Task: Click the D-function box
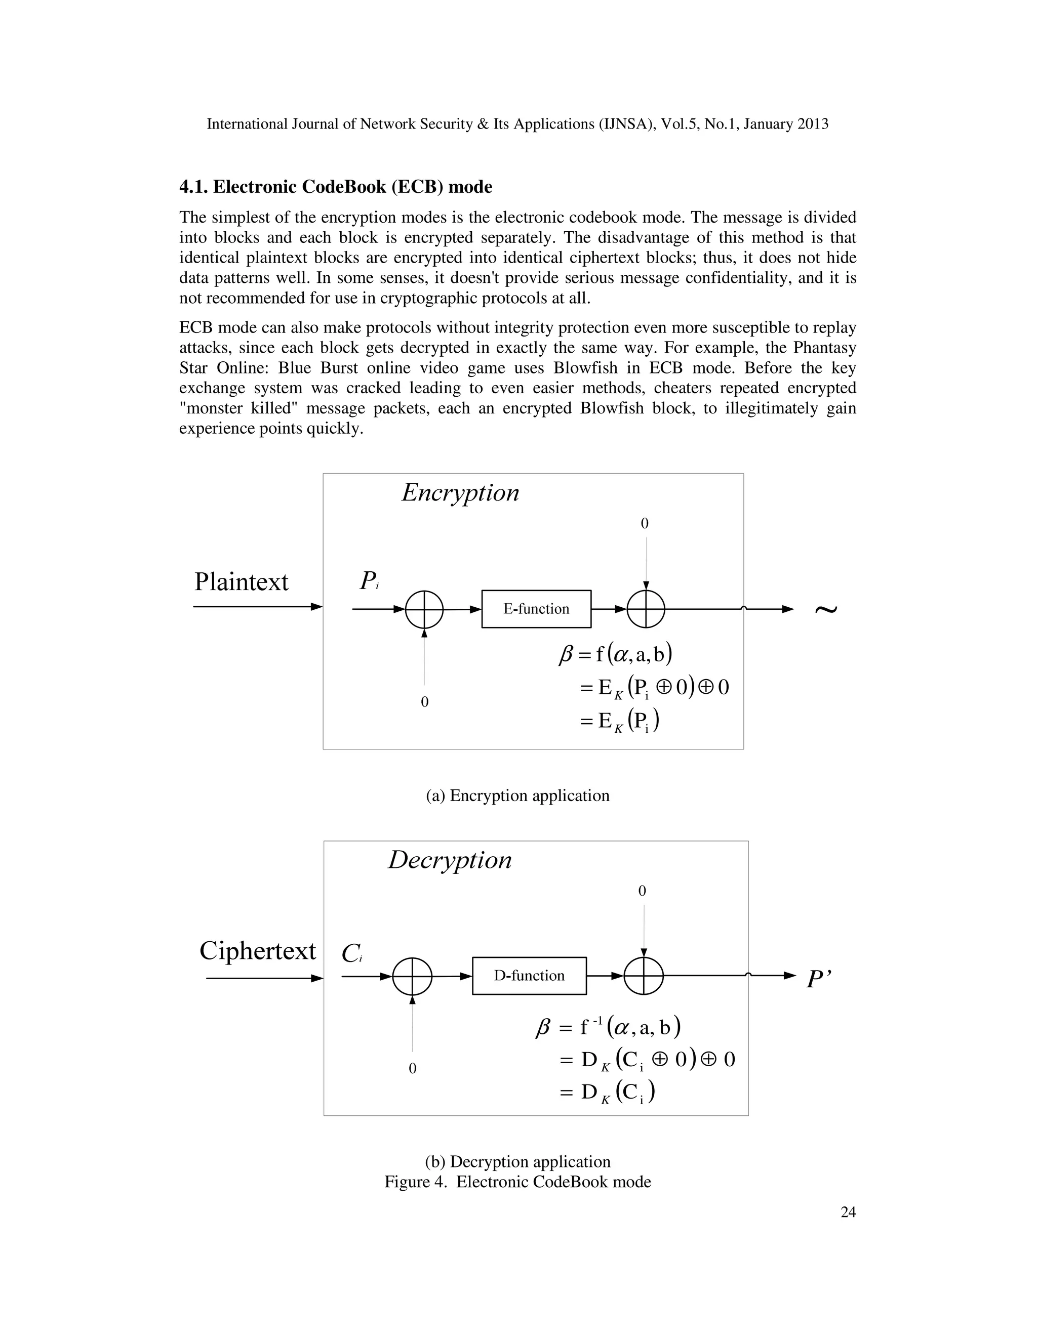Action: click(x=529, y=975)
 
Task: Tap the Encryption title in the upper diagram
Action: click(x=460, y=493)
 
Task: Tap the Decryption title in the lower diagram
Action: click(x=450, y=860)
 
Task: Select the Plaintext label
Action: click(x=241, y=581)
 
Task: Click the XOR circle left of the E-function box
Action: click(x=424, y=609)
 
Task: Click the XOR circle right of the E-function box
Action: click(x=646, y=609)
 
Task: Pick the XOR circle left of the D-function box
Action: click(x=412, y=976)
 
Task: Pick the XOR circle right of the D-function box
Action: click(x=643, y=976)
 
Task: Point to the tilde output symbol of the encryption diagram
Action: click(x=826, y=609)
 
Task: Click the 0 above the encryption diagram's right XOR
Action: click(x=645, y=523)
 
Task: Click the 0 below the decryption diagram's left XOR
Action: click(x=412, y=1068)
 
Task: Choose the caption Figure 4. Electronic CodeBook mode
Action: click(x=517, y=1182)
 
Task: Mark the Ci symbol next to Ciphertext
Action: click(x=352, y=953)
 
